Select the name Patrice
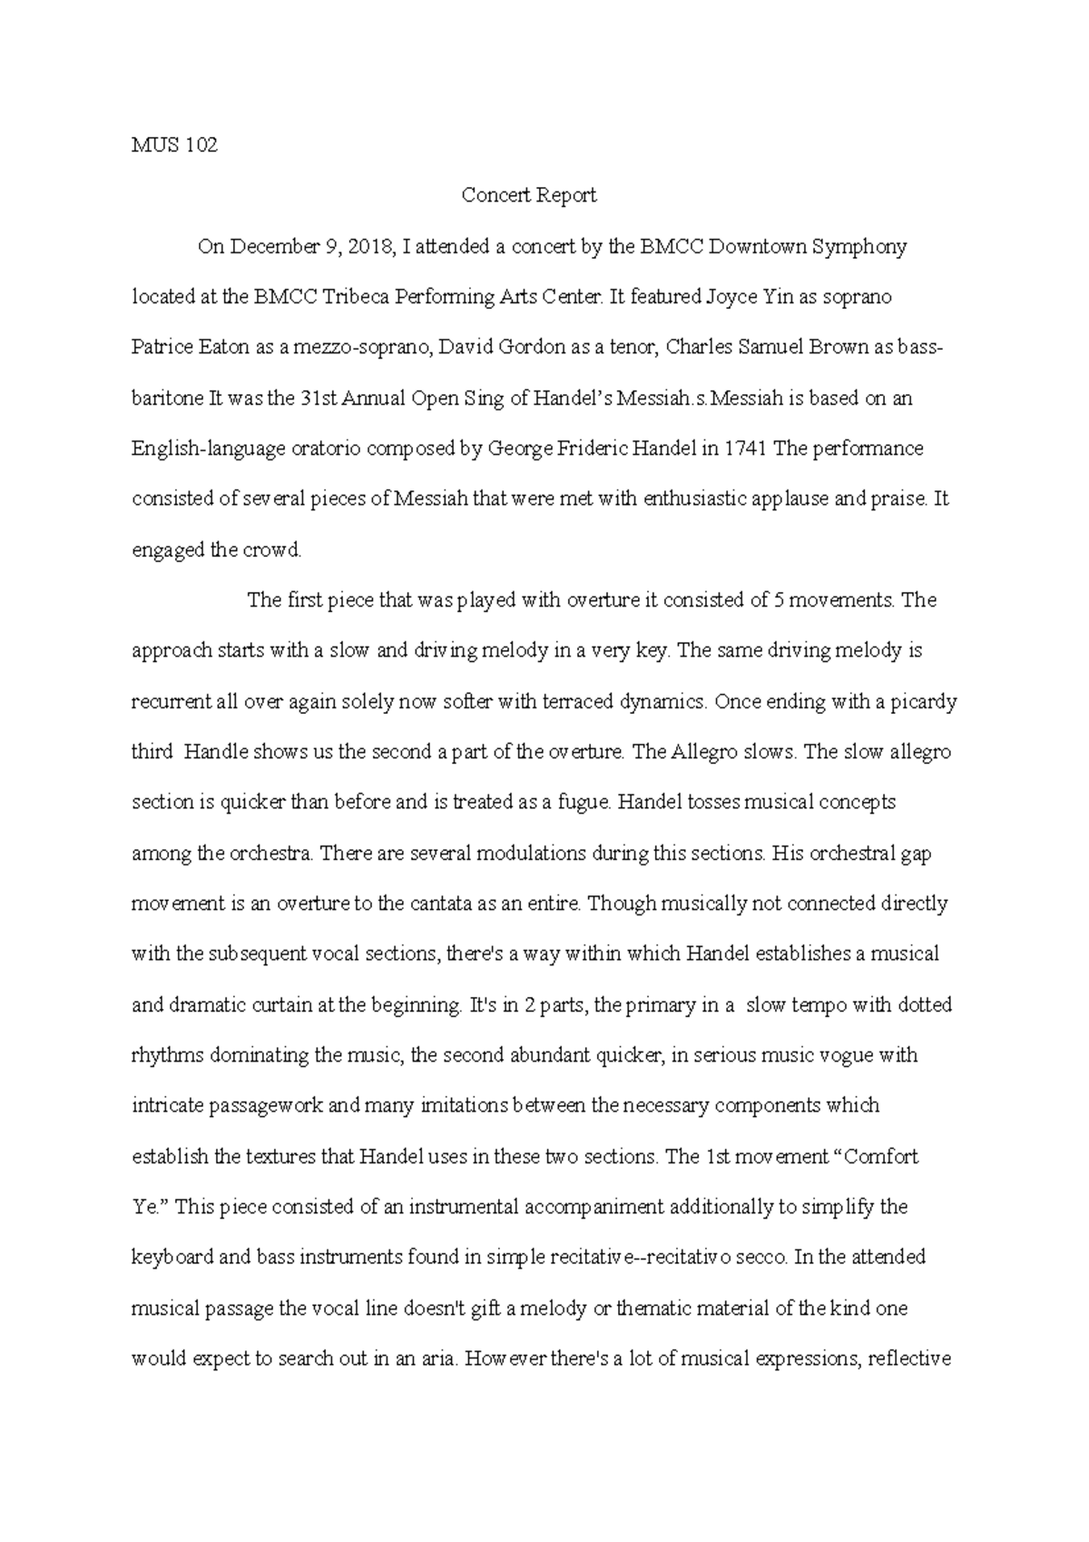click(163, 348)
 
